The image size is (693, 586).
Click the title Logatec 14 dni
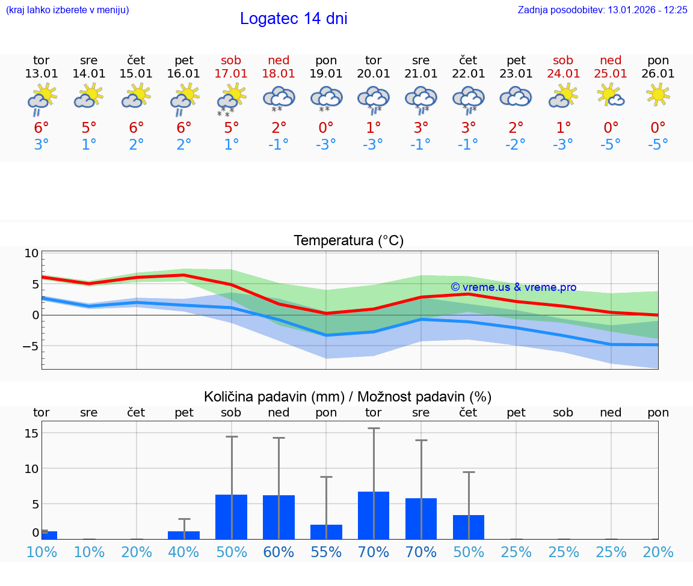tap(294, 19)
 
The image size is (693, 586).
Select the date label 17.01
tap(231, 74)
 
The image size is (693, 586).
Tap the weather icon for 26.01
tap(658, 95)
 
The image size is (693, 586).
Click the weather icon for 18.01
tap(279, 97)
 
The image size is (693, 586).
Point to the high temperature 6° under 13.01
tap(42, 128)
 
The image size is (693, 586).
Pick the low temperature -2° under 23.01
tap(516, 145)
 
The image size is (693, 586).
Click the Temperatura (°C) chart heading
tap(348, 241)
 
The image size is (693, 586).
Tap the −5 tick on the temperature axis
tap(29, 346)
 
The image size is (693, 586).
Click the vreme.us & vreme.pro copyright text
tap(513, 287)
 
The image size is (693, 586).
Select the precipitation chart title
tap(348, 397)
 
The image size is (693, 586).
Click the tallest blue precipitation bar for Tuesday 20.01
tap(374, 515)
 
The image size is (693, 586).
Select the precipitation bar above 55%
tap(326, 532)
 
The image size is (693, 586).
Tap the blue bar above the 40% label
tap(183, 535)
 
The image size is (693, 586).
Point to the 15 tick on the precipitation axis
tap(32, 433)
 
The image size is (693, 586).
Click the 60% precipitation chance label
tap(279, 552)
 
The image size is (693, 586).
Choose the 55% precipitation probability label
tap(326, 552)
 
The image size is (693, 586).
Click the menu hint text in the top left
tap(67, 10)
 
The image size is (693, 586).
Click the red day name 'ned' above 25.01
tap(611, 60)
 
